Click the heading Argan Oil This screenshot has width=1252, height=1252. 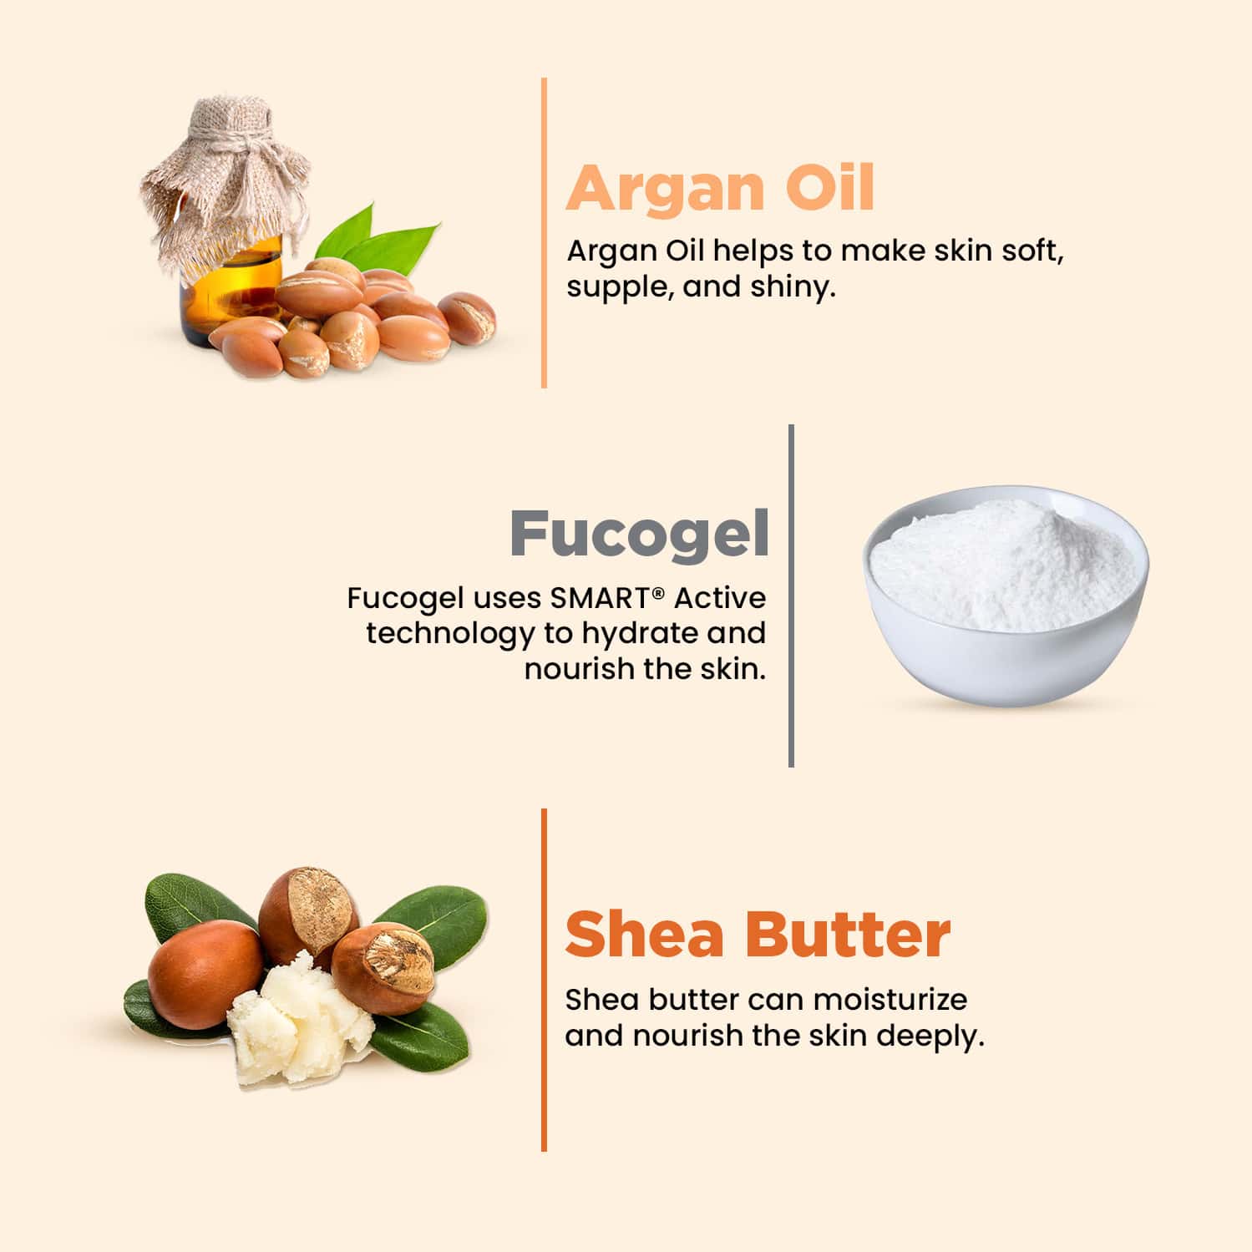[x=720, y=189]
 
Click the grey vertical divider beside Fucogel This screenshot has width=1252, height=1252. [x=791, y=595]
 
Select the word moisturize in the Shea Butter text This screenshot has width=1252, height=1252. [x=890, y=999]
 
